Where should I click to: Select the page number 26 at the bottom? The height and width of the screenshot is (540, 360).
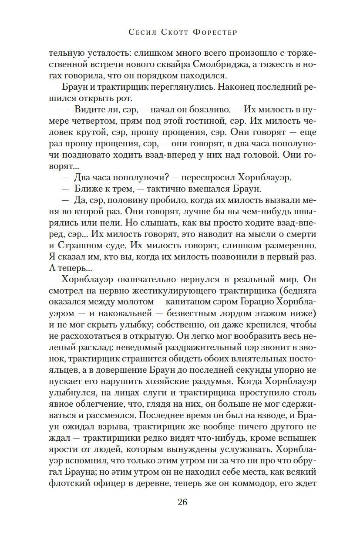point(182,502)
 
